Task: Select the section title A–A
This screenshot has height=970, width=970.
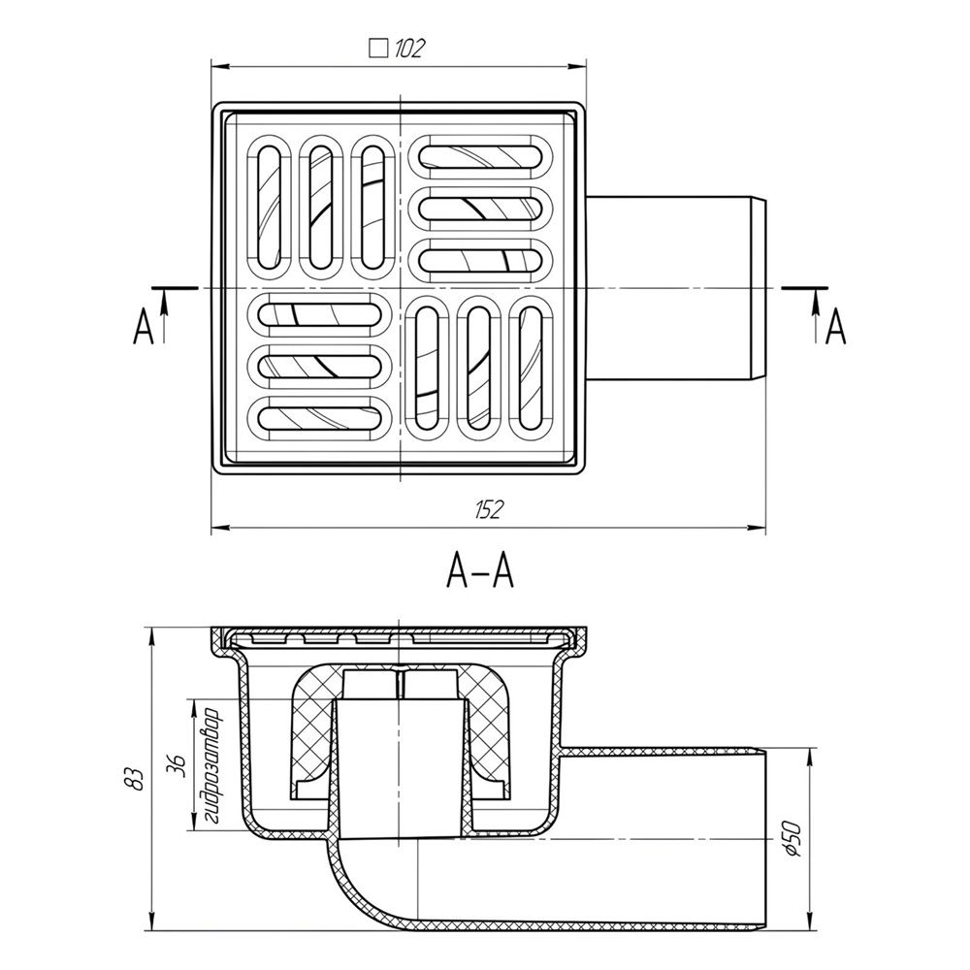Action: pyautogui.click(x=479, y=574)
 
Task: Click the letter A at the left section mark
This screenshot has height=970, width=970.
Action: pyautogui.click(x=144, y=329)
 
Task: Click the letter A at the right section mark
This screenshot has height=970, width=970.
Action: pyautogui.click(x=835, y=329)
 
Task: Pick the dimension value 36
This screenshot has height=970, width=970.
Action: pyautogui.click(x=176, y=765)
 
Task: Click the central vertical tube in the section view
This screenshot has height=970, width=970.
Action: pyautogui.click(x=401, y=766)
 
